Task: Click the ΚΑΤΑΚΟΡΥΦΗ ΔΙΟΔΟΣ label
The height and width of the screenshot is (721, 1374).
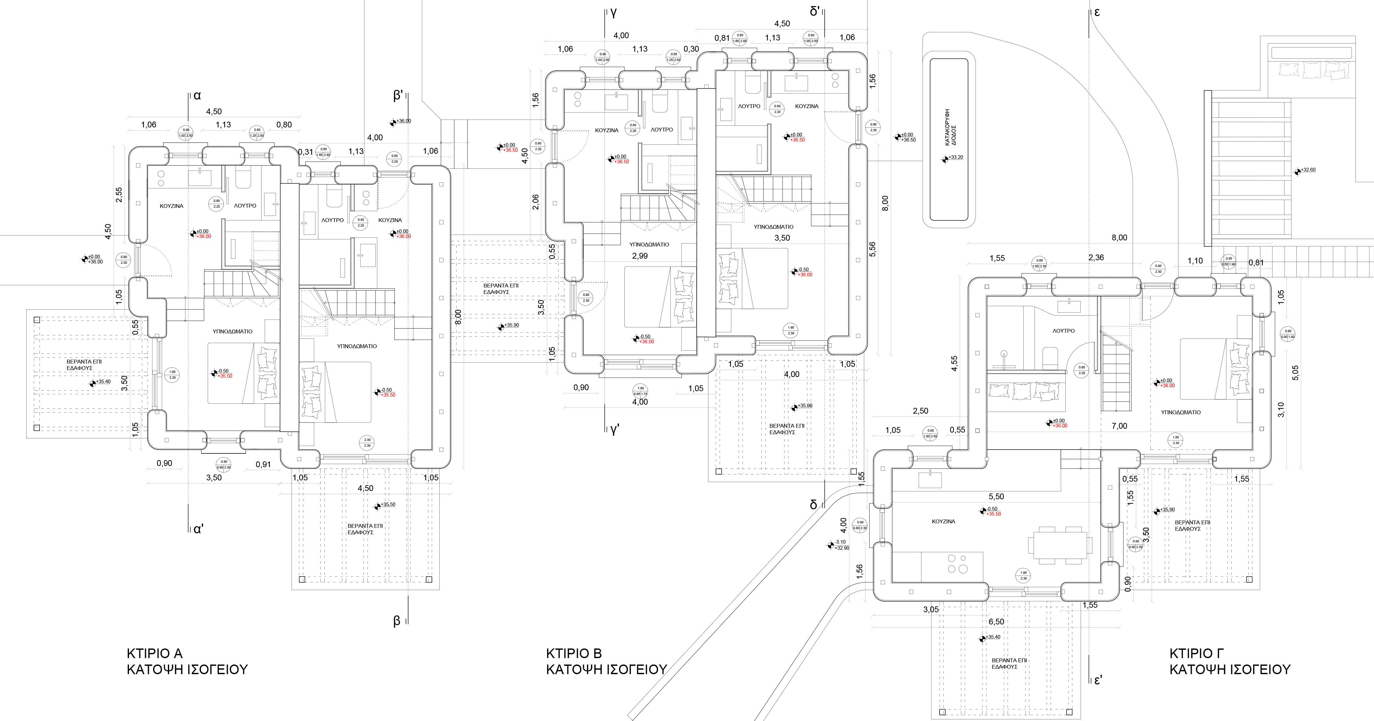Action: click(x=950, y=128)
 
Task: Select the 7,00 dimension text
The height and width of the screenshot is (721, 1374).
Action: click(x=1119, y=425)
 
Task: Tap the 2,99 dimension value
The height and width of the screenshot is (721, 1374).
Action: click(x=640, y=256)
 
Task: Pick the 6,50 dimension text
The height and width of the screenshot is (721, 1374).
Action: click(x=996, y=622)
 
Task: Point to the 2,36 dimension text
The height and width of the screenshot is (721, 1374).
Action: click(x=1096, y=258)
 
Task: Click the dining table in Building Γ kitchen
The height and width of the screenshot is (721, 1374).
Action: click(x=1059, y=545)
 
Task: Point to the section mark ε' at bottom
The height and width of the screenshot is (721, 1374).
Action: click(x=1098, y=681)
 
